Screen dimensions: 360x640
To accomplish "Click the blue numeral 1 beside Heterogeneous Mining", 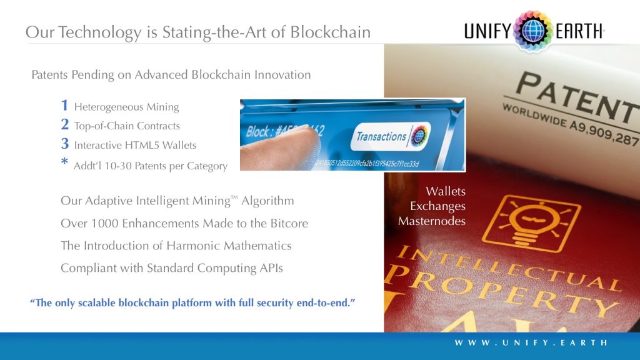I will tap(65, 106).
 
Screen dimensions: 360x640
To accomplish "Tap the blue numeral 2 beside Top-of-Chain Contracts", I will tap(65, 125).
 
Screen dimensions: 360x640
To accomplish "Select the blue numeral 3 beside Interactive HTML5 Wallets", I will tap(65, 144).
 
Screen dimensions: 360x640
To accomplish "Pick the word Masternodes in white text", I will tap(432, 221).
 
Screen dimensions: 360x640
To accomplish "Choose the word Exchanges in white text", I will tap(437, 206).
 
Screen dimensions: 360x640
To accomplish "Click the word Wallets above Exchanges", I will tap(446, 191).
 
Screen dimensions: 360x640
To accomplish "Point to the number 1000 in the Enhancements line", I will tap(99, 223).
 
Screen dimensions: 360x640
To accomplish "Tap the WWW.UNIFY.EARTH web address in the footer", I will tap(531, 342).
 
